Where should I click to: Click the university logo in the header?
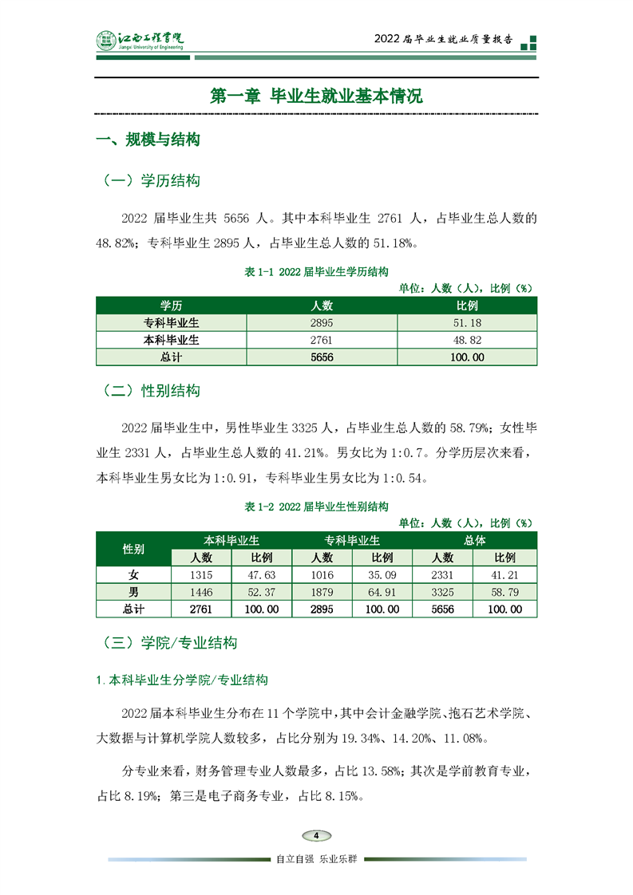coord(140,40)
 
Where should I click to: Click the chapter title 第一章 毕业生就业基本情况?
coord(316,96)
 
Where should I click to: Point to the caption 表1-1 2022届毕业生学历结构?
coord(316,272)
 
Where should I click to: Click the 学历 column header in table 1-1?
coord(171,306)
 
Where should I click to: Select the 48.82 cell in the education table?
coord(466,340)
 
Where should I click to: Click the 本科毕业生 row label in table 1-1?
coord(171,340)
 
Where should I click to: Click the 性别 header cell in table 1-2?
coord(133,549)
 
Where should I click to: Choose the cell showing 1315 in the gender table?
coord(201,574)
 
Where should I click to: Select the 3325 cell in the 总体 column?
coord(442,592)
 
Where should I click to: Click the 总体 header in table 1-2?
coord(474,540)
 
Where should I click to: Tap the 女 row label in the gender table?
coord(133,574)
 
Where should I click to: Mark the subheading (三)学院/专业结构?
coord(170,643)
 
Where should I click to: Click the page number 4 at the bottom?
coord(316,835)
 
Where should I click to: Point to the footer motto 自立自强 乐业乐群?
coord(316,859)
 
